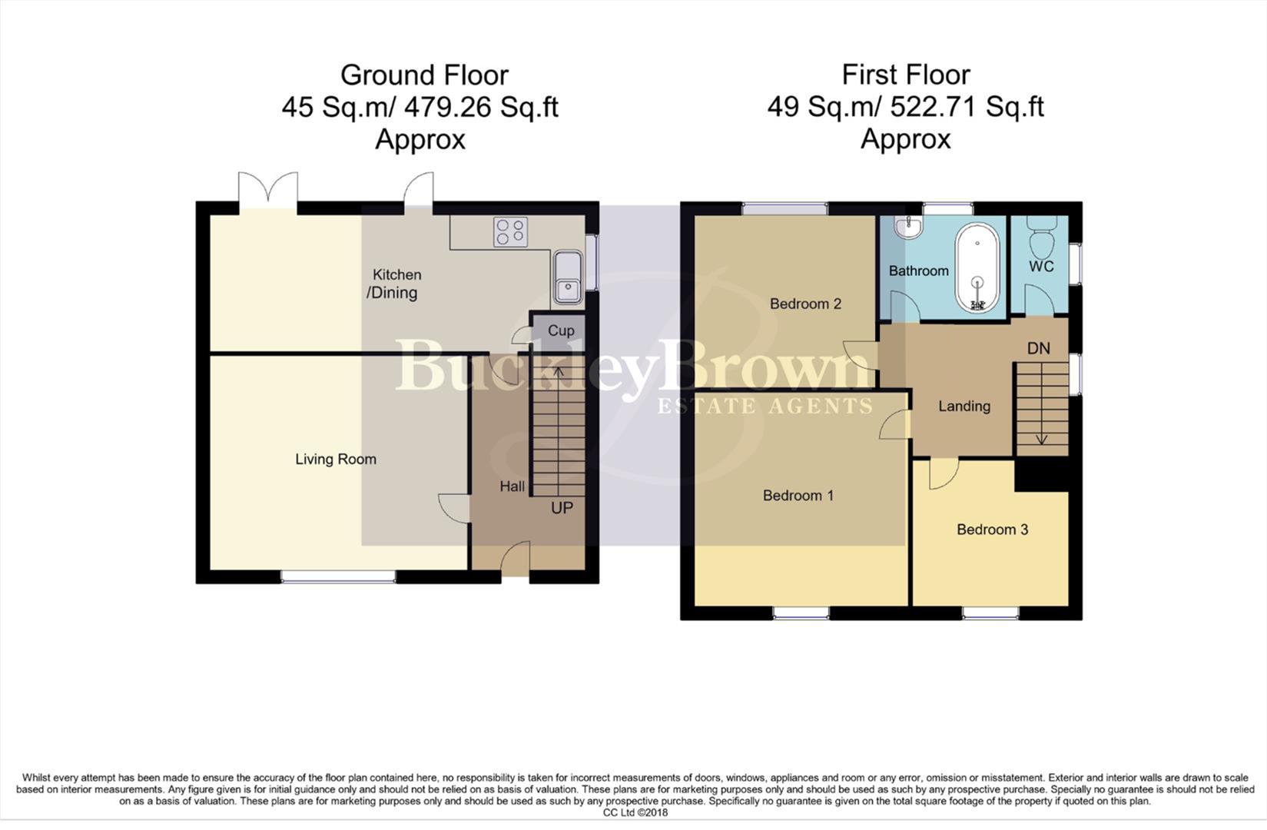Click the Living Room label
click(336, 460)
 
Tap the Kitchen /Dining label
click(395, 284)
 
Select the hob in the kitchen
click(511, 231)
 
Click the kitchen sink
click(567, 277)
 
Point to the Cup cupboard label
click(561, 330)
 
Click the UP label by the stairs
click(562, 508)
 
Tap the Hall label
click(512, 486)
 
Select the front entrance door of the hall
click(516, 561)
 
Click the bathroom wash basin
click(908, 227)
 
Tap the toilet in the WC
click(1043, 237)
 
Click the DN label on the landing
click(1039, 348)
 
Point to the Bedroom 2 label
click(805, 304)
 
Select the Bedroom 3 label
click(992, 530)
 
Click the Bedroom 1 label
click(798, 496)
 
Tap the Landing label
click(964, 407)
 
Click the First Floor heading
click(905, 75)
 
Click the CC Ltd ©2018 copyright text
click(635, 812)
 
